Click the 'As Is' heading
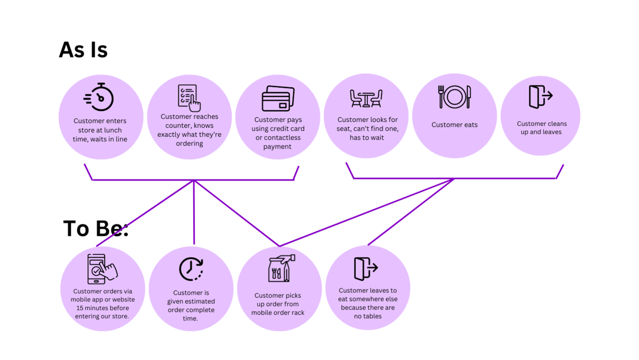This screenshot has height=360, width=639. click(83, 50)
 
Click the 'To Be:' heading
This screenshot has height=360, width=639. click(95, 228)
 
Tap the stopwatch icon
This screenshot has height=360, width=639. click(99, 97)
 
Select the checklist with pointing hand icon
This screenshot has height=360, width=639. click(189, 98)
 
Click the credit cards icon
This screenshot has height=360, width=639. click(278, 99)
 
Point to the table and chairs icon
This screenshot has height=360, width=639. click(366, 99)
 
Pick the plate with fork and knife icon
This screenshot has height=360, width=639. click(454, 97)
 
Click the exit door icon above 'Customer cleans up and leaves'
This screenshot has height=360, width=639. click(540, 97)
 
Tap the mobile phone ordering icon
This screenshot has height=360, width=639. click(102, 269)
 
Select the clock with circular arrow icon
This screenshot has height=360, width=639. click(191, 269)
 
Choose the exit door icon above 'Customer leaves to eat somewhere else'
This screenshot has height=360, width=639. click(366, 269)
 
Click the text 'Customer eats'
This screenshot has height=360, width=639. click(454, 125)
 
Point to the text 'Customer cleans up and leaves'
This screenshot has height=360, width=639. click(542, 128)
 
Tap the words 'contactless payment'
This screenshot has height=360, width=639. click(278, 142)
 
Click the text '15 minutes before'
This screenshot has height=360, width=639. click(103, 308)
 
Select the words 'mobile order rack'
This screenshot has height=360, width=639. click(278, 313)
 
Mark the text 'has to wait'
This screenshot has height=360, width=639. click(367, 138)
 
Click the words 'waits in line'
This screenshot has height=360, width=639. click(109, 139)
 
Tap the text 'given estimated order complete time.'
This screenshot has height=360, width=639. click(191, 310)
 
